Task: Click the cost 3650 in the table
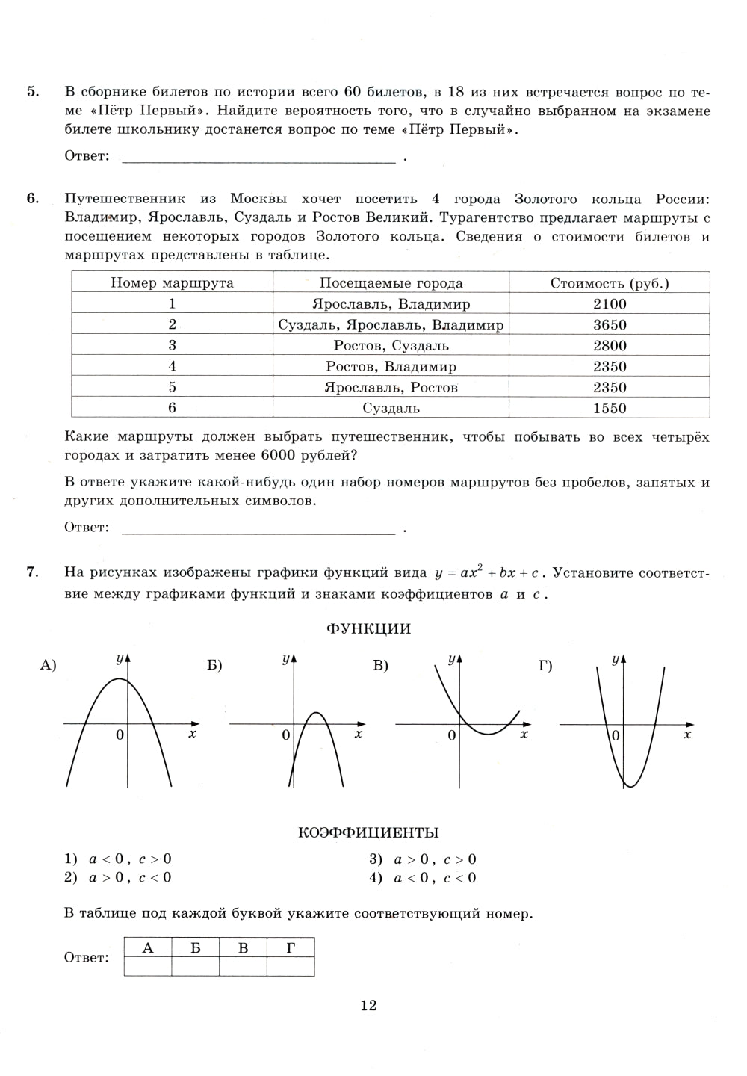click(610, 325)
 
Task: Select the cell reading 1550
click(610, 408)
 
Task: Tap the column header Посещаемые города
click(391, 283)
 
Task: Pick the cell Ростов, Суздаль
click(391, 346)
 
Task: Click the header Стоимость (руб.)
click(610, 283)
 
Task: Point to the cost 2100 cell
click(610, 304)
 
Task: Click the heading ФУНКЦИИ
click(368, 628)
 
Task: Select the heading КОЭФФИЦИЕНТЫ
click(368, 832)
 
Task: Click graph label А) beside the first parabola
click(49, 665)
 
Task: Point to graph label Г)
click(545, 665)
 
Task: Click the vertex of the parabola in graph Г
click(630, 786)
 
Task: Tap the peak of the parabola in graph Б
click(316, 712)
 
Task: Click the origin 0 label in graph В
click(451, 736)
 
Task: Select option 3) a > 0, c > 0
click(423, 859)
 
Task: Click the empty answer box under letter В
click(243, 967)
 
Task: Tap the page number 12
click(368, 1006)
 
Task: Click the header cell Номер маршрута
click(172, 283)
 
